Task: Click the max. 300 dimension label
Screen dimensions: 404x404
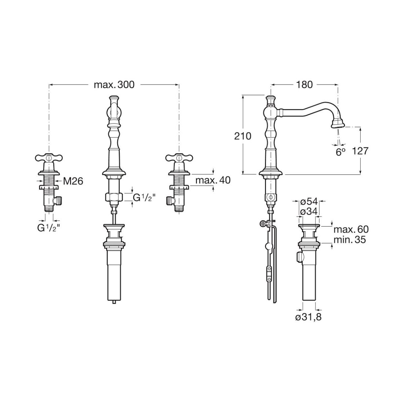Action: tap(114, 85)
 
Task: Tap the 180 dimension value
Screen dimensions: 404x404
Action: tap(304, 85)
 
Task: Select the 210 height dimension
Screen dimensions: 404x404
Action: tap(242, 136)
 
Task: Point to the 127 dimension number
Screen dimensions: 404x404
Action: tap(360, 151)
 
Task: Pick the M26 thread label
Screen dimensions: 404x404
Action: tap(73, 181)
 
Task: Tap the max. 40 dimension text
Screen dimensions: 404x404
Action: tap(213, 180)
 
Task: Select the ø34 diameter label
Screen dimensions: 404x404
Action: tap(309, 212)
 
